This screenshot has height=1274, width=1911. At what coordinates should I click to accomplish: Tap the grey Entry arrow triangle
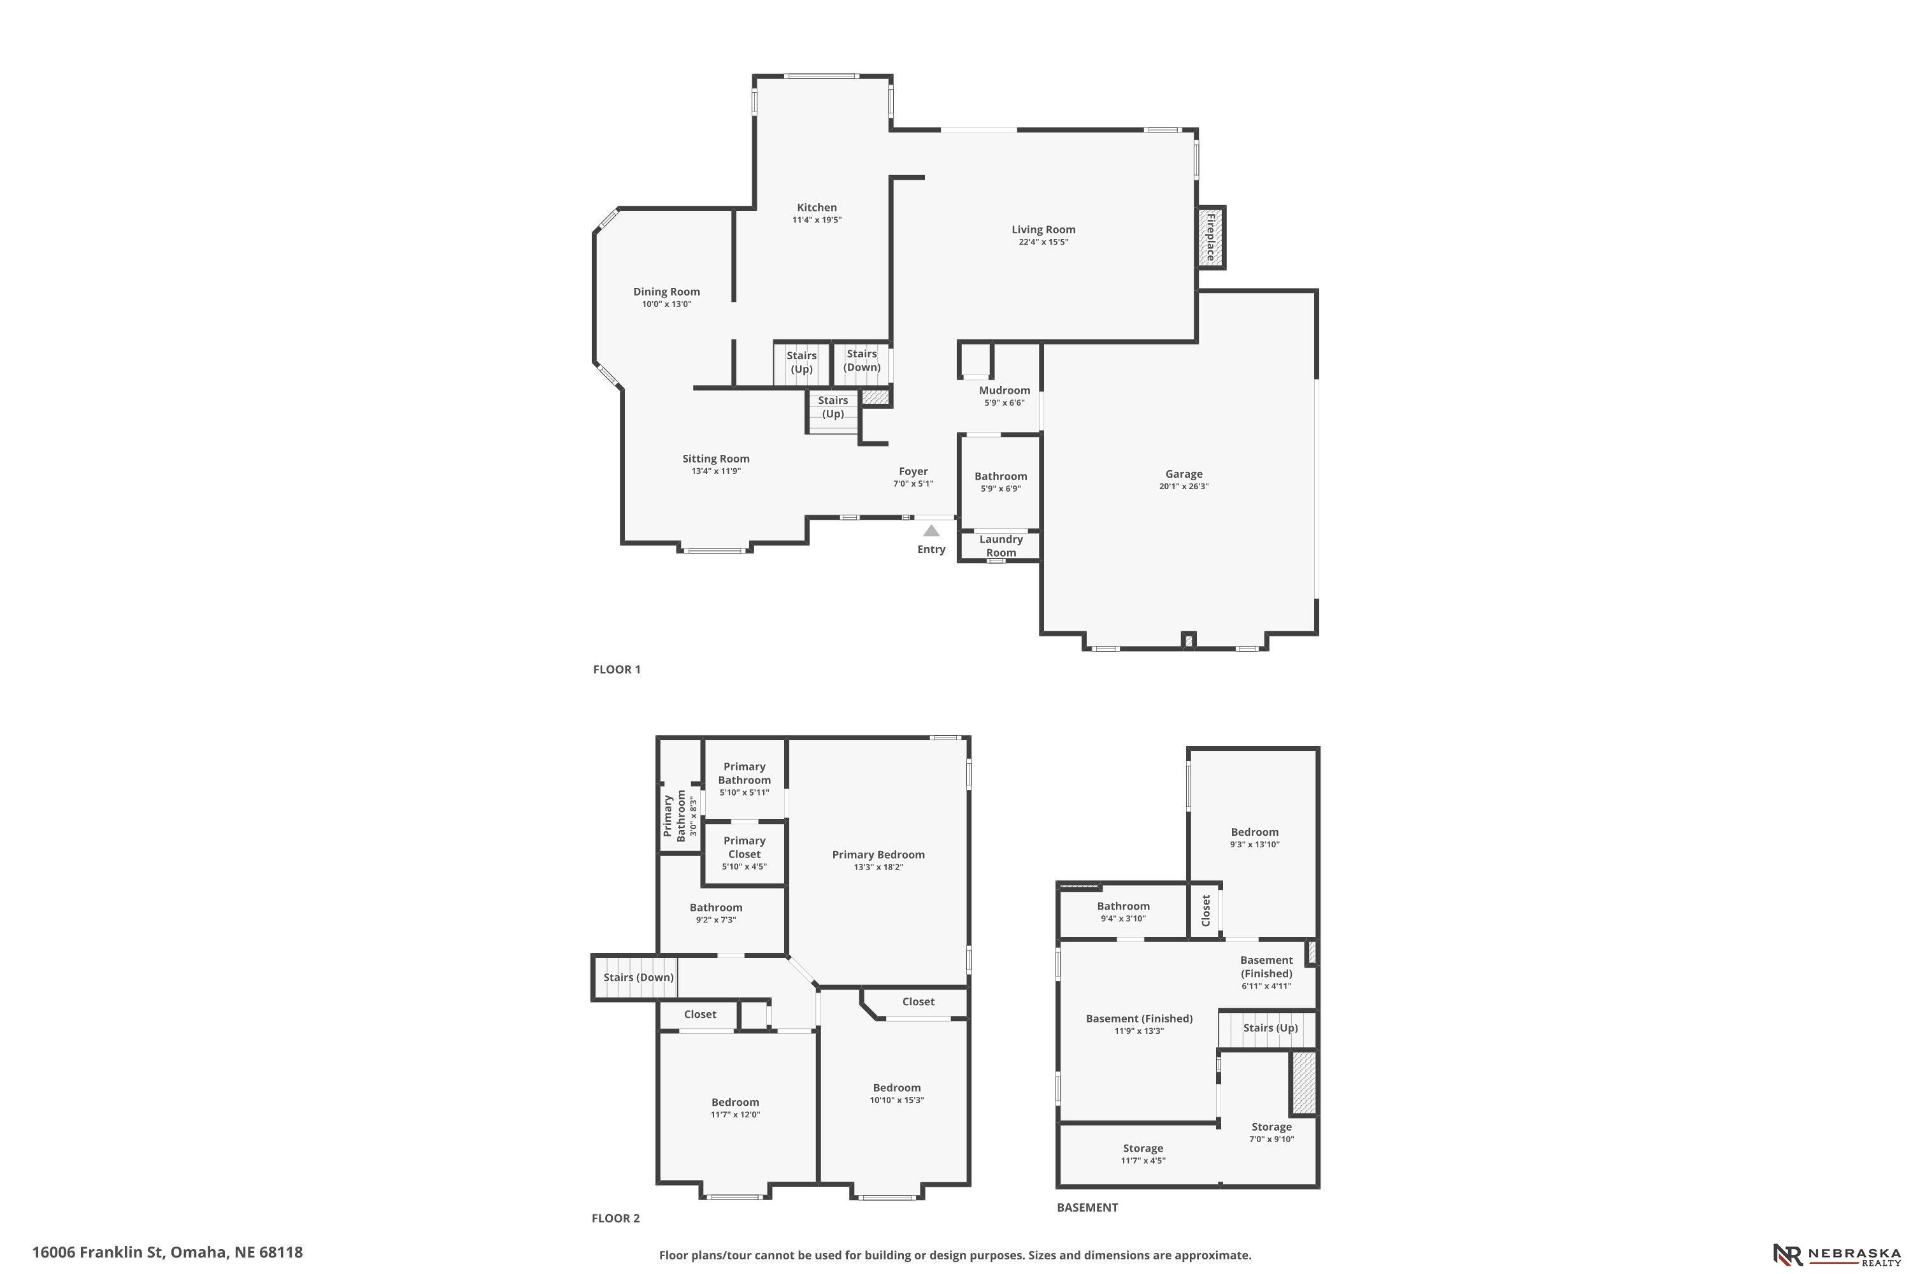(x=931, y=531)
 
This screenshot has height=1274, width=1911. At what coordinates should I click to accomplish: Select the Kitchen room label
(x=817, y=207)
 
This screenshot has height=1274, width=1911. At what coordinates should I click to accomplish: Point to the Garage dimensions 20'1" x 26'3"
(x=1184, y=487)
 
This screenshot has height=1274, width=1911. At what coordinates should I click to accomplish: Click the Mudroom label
(x=1005, y=390)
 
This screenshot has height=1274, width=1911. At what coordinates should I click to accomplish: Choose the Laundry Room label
(x=1001, y=546)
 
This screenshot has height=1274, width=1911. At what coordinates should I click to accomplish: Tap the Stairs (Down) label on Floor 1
(x=862, y=360)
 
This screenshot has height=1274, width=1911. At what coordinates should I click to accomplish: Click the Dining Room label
(x=666, y=292)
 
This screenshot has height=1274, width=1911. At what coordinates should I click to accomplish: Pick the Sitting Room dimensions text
(x=716, y=471)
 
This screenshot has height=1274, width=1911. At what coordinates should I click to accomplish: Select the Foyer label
(x=913, y=471)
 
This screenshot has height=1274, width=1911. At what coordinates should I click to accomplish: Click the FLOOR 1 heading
(x=617, y=669)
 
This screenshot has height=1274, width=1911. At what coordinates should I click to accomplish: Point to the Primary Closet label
(x=744, y=847)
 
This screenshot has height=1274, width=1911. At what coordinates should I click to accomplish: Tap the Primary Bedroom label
(x=878, y=854)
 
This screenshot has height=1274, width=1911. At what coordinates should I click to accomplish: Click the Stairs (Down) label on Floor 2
(x=639, y=977)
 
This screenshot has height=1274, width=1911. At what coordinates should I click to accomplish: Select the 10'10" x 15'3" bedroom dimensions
(x=897, y=1100)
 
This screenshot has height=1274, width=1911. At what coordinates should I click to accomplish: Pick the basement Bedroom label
(x=1254, y=831)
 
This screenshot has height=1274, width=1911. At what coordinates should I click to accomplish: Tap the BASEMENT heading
(x=1087, y=1207)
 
